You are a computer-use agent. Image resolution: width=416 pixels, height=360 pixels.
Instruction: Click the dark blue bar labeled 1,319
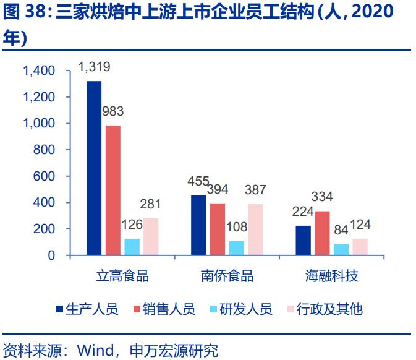(x=94, y=168)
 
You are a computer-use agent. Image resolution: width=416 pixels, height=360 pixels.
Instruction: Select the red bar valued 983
(x=113, y=190)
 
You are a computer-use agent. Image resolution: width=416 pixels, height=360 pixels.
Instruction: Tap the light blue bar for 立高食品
(x=132, y=247)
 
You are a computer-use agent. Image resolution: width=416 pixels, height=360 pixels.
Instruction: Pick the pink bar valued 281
(x=151, y=236)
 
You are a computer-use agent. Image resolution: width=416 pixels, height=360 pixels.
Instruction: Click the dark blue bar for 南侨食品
(x=198, y=225)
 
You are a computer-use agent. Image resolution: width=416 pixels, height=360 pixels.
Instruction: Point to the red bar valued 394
(x=218, y=229)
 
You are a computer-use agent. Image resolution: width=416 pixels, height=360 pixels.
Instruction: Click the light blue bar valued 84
(x=341, y=249)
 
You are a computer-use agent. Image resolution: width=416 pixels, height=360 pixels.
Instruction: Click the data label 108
(x=236, y=228)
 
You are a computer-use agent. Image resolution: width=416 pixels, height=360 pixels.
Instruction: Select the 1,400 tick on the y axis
(x=39, y=71)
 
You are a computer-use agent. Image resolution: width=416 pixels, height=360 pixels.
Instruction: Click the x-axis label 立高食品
(x=122, y=276)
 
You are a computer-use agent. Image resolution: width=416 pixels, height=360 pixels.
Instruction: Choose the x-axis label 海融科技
(x=331, y=276)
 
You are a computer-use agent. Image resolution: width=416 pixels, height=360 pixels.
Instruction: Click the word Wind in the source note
(x=91, y=351)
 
